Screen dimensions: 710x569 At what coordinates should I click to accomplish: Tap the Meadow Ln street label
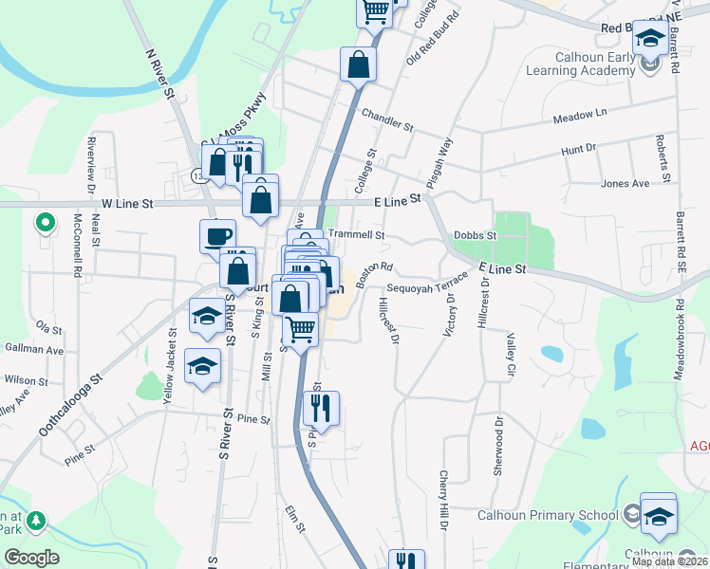(579, 119)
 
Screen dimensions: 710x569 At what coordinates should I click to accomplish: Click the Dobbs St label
(476, 235)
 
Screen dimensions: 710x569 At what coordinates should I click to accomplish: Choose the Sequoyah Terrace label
(427, 286)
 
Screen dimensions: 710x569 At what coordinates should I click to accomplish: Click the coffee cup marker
(217, 235)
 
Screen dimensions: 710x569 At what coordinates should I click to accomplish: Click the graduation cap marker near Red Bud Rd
(650, 37)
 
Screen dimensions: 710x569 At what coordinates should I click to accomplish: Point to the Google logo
(31, 558)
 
